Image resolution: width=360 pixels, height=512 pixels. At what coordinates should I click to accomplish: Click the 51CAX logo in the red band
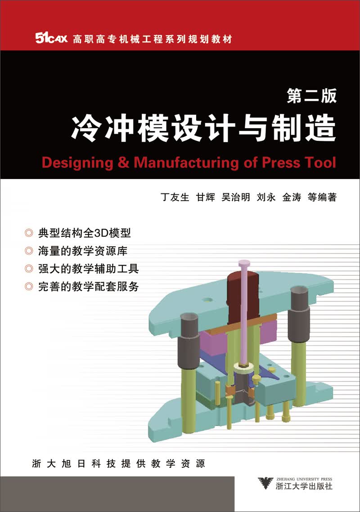(51, 39)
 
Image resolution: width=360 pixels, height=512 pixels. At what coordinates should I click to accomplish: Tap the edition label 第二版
(312, 96)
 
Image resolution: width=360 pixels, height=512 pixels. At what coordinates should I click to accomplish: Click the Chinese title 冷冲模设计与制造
(203, 128)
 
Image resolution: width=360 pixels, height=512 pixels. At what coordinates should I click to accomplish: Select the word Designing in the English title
(77, 162)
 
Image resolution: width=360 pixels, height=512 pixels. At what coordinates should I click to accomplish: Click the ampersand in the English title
(123, 162)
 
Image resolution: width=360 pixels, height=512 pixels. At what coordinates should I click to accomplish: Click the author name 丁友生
(175, 197)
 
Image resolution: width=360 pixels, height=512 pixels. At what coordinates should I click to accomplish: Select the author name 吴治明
(235, 197)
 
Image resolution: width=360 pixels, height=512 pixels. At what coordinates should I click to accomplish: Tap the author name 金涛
(292, 197)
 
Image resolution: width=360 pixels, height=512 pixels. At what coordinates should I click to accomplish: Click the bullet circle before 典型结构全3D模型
(29, 233)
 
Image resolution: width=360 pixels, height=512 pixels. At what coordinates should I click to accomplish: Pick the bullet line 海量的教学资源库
(83, 251)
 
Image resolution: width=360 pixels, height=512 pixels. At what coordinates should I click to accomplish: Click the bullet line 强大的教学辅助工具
(89, 269)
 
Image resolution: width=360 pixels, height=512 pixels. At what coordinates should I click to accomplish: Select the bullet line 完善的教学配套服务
(89, 287)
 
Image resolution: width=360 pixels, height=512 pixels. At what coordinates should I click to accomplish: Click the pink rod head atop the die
(244, 263)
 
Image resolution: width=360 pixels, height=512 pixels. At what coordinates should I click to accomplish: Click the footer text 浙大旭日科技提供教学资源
(119, 463)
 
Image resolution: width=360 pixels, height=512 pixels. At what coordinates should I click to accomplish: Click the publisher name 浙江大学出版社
(304, 486)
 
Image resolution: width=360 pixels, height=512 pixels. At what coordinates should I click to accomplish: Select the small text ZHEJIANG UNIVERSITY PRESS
(304, 479)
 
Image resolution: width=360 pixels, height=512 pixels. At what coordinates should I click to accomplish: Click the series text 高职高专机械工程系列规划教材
(152, 39)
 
